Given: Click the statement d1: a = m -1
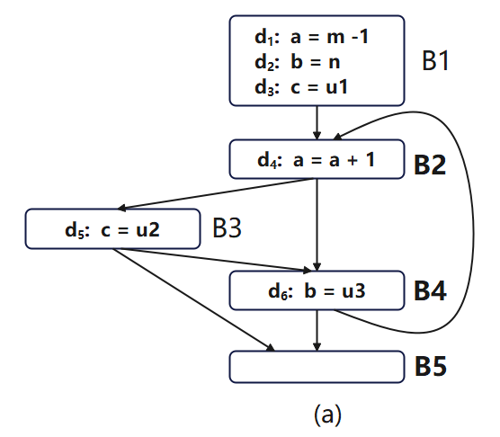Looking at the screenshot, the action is coord(311,36).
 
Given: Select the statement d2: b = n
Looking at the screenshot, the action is coord(297,61).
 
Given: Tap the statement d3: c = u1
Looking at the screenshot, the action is coord(301,87).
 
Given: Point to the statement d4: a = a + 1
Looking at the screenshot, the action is coord(316,159).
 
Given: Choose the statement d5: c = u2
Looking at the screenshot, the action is coord(112,229).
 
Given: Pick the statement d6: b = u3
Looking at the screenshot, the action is coord(317,290).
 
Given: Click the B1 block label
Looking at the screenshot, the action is coord(435,60).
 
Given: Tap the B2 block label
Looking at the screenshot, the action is coord(430,165).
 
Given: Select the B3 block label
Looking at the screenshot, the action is coord(227,227).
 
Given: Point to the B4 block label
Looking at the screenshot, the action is coord(430,290).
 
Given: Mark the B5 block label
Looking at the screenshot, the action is coord(431,366).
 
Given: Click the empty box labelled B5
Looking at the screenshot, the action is coord(317,367).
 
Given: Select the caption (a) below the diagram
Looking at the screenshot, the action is coord(327,415).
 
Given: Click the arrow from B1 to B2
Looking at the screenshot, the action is coord(317,122).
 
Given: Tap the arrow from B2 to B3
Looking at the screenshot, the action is coord(217,194).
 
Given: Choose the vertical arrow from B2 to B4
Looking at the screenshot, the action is coord(317,225).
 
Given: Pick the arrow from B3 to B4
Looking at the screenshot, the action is coord(211,260).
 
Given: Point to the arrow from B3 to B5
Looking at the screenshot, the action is coord(193,299).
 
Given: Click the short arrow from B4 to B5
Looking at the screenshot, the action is coord(317,330).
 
